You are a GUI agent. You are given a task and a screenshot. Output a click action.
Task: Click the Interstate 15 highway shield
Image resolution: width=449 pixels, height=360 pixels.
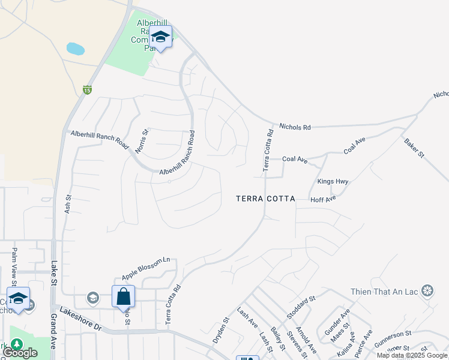pos(88,89)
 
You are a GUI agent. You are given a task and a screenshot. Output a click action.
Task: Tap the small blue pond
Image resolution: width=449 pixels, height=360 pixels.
pos(75,48)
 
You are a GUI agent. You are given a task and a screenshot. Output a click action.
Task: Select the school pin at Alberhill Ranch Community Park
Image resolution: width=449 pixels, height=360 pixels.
pos(160,37)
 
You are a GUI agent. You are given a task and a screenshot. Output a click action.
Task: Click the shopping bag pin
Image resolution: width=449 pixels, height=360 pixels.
pos(123,296)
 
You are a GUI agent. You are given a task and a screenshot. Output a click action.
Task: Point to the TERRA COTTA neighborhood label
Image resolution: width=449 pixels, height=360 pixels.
pos(265,199)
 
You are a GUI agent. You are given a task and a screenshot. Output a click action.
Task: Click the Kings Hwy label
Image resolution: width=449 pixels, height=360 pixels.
pos(333,181)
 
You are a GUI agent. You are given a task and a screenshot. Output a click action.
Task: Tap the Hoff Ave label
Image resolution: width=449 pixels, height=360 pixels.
pos(322,199)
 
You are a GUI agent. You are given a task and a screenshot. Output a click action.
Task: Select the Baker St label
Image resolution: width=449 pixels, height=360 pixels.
pos(414,148)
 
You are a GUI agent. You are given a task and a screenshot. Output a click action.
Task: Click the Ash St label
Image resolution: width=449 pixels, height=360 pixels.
pos(68,205)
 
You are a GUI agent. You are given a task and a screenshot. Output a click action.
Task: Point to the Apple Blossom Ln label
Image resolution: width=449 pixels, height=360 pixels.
pos(146,269)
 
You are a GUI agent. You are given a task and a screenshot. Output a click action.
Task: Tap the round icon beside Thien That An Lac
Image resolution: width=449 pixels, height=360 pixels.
pos(427,292)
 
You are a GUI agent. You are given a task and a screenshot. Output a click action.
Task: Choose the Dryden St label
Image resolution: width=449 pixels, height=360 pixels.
pos(221,330)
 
